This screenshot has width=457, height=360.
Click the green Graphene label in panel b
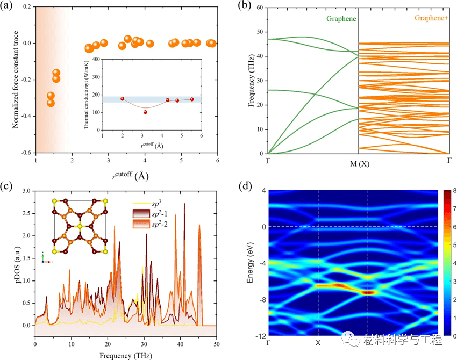click(x=342, y=18)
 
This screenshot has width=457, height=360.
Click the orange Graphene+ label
click(x=419, y=18)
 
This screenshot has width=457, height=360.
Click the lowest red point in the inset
click(x=145, y=112)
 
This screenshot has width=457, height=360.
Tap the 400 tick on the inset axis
click(x=95, y=60)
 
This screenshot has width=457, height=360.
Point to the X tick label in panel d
click(x=318, y=342)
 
